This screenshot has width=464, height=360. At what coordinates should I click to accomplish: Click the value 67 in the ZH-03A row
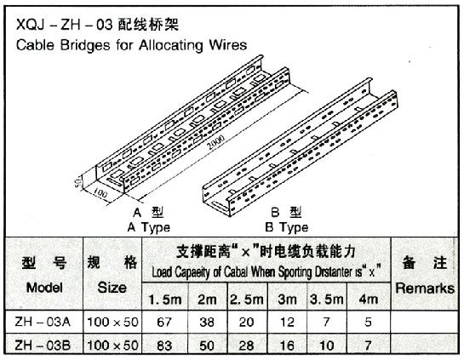pyautogui.click(x=164, y=322)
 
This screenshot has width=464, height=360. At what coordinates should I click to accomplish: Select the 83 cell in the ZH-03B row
pyautogui.click(x=164, y=346)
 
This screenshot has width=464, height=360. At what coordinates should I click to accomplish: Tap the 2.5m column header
pyautogui.click(x=247, y=300)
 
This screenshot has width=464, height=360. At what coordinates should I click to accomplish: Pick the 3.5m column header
pyautogui.click(x=327, y=300)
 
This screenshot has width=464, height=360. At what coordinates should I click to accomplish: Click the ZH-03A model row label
pyautogui.click(x=43, y=322)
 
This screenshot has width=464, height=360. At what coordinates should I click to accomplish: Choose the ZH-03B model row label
pyautogui.click(x=43, y=346)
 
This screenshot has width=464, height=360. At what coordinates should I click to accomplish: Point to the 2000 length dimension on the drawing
pyautogui.click(x=215, y=143)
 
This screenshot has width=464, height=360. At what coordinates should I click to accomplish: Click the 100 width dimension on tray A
pyautogui.click(x=100, y=193)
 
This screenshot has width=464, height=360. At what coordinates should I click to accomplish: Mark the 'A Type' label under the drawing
pyautogui.click(x=149, y=227)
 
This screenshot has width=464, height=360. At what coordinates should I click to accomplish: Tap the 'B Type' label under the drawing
pyautogui.click(x=287, y=227)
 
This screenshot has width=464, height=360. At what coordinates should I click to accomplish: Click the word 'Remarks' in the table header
pyautogui.click(x=425, y=289)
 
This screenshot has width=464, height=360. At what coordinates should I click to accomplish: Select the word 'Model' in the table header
pyautogui.click(x=44, y=288)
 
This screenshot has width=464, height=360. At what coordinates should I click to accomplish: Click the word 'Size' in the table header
pyautogui.click(x=112, y=288)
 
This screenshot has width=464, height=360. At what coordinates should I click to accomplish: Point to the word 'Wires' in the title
pyautogui.click(x=228, y=45)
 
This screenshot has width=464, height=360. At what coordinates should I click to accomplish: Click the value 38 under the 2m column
pyautogui.click(x=207, y=322)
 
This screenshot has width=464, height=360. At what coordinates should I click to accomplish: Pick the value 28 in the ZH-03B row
pyautogui.click(x=247, y=346)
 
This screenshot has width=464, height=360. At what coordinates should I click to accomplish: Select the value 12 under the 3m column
pyautogui.click(x=287, y=322)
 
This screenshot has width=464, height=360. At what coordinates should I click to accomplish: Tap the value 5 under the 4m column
pyautogui.click(x=368, y=322)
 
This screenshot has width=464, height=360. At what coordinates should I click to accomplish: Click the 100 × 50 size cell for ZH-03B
pyautogui.click(x=112, y=346)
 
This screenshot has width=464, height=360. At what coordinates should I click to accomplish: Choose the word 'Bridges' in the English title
pyautogui.click(x=85, y=46)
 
